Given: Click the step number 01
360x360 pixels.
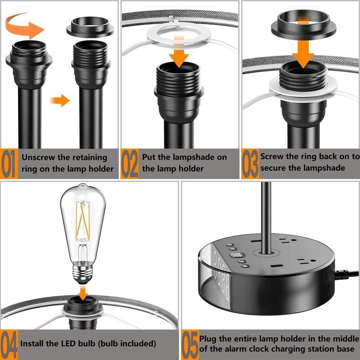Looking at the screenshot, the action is pos(9,163).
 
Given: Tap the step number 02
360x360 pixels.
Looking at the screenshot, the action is pos(130,163).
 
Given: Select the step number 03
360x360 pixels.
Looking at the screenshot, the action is pos(250,163).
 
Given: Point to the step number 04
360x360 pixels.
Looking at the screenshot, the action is pos(9,344).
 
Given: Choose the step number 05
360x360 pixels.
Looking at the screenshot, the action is pos(190,344).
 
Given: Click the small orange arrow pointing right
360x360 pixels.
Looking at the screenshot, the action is pos(59,100).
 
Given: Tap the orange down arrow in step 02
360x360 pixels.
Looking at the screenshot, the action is pos(179,52).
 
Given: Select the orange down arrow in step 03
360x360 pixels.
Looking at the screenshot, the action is pos(303,50).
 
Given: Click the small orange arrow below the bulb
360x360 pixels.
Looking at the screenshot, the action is pos(83,293).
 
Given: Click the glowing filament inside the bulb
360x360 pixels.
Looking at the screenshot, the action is pos(83,220).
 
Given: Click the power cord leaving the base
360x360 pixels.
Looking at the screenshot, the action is pos(346,274).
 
